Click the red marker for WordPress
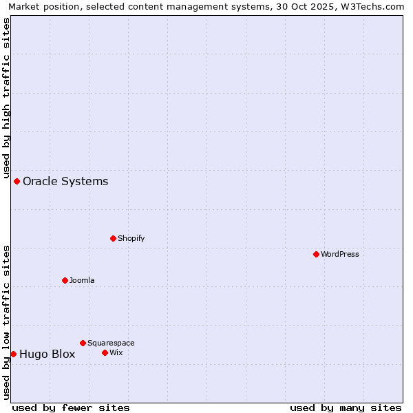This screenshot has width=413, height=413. pyautogui.click(x=316, y=254)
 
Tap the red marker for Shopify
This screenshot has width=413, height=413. pyautogui.click(x=113, y=238)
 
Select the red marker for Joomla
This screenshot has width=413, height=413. pyautogui.click(x=65, y=280)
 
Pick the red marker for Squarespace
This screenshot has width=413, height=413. pyautogui.click(x=83, y=343)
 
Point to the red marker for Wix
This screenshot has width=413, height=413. pyautogui.click(x=105, y=352)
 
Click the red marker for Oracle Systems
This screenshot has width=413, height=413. pyautogui.click(x=17, y=181)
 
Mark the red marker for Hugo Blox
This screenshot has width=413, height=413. pyautogui.click(x=13, y=354)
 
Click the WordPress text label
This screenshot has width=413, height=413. pyautogui.click(x=340, y=254)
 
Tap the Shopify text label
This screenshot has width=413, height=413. pyautogui.click(x=131, y=238)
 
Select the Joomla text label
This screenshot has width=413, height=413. pyautogui.click(x=82, y=280)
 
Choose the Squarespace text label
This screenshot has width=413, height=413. pyautogui.click(x=111, y=343)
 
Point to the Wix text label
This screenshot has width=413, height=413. pyautogui.click(x=116, y=352)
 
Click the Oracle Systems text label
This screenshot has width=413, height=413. pyautogui.click(x=65, y=181)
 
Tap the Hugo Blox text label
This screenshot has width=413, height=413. pyautogui.click(x=47, y=354)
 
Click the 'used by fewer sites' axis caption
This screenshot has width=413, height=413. pyautogui.click(x=71, y=407)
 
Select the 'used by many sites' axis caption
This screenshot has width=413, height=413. pyautogui.click(x=345, y=407)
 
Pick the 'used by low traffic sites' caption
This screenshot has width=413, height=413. pyautogui.click(x=6, y=321)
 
